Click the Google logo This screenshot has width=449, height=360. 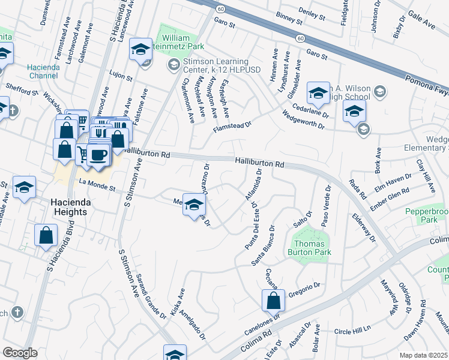point(20,352)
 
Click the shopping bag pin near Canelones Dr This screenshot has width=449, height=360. point(273,300)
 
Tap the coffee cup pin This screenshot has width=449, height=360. point(99,154)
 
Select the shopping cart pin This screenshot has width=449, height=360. point(82,155)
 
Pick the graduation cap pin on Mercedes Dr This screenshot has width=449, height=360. point(194,205)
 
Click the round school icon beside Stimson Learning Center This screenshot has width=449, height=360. point(173,65)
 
